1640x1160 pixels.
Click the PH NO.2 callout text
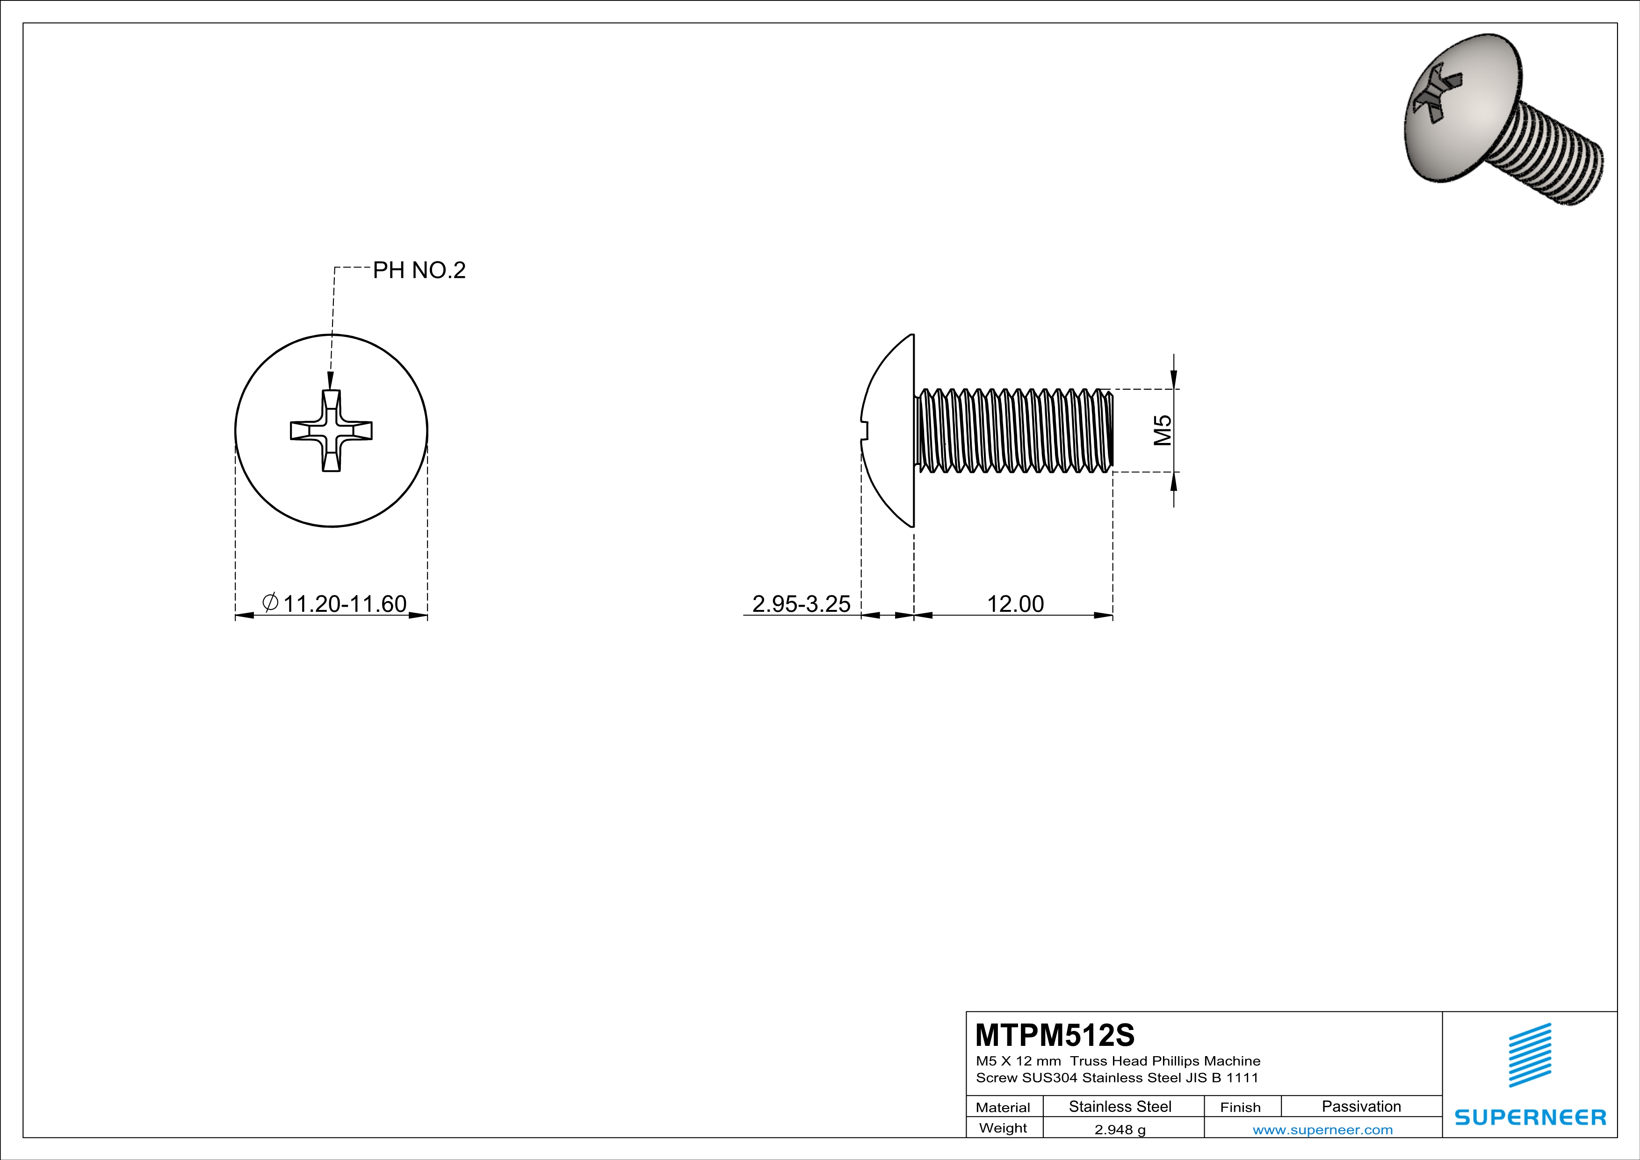[419, 270]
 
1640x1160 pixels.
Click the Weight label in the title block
[1003, 1128]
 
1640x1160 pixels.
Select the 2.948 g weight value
[1120, 1129]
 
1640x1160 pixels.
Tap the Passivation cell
[1361, 1106]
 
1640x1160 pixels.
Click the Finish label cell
[1240, 1107]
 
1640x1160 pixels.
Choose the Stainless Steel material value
[1120, 1106]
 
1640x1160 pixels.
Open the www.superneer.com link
[1322, 1129]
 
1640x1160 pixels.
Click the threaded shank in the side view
[1014, 431]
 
